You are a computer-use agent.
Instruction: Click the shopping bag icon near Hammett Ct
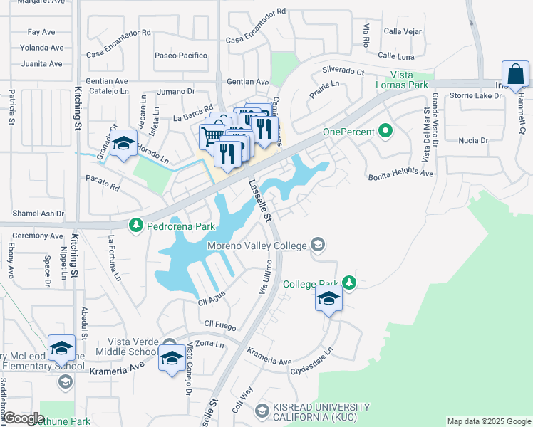coord(514,74)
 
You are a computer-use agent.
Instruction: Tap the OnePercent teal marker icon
coord(386,131)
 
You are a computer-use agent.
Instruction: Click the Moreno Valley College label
coord(258,246)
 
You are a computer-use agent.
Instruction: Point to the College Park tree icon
coord(348,283)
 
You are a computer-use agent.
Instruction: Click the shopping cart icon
coord(212,134)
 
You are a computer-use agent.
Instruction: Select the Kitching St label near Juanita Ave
coord(77,107)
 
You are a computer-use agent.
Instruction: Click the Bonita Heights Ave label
coord(400,174)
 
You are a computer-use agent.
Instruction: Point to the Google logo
coord(24,418)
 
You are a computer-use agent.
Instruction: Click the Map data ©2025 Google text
coord(488,421)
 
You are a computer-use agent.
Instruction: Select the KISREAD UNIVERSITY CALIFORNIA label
coord(321,411)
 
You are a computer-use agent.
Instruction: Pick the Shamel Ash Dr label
coord(38,213)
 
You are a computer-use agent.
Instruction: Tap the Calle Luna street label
coord(396,56)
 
